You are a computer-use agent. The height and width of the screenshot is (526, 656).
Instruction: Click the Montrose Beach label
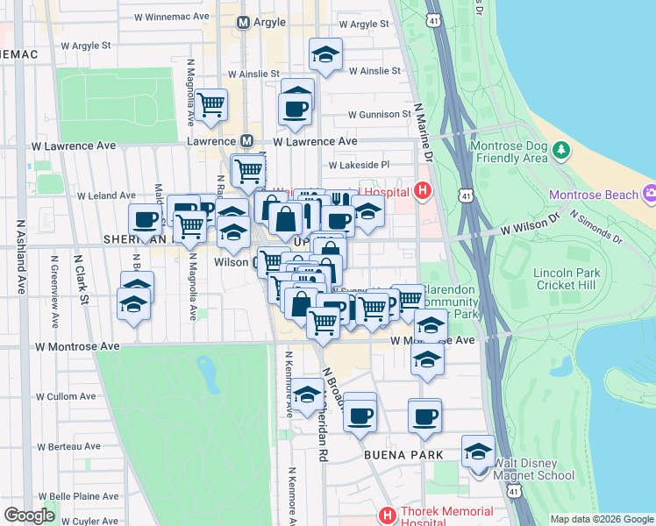tap(595, 194)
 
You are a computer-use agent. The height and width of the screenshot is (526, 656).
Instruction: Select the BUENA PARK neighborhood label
tap(402, 456)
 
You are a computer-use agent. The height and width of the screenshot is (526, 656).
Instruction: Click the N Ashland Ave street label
tap(19, 256)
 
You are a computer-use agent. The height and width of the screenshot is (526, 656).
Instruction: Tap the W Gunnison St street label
tap(379, 115)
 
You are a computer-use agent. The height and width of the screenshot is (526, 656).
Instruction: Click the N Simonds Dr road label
tap(595, 226)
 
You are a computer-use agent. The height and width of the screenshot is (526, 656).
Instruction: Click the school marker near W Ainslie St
tap(325, 56)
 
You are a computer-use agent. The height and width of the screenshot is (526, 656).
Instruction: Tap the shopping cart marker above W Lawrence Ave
tap(211, 105)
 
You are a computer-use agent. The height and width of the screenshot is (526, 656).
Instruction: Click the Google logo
tap(29, 515)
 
